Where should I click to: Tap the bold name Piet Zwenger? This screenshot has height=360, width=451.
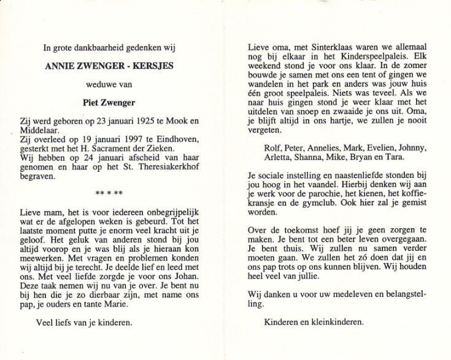pyautogui.click(x=108, y=104)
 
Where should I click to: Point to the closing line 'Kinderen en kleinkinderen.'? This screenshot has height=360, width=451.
pyautogui.click(x=314, y=322)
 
